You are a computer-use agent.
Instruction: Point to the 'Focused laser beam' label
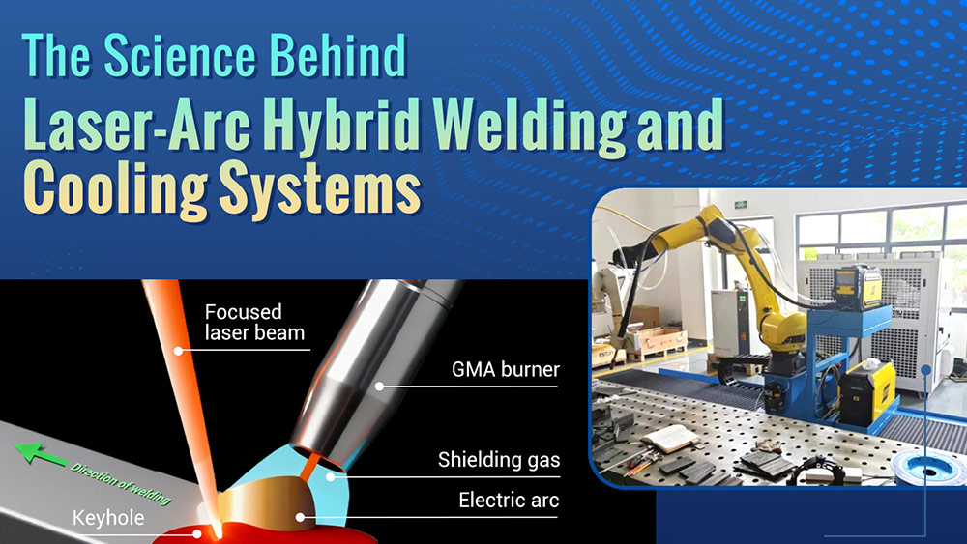(254, 323)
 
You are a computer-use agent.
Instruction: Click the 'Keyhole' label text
(109, 519)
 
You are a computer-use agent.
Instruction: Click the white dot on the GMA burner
(379, 386)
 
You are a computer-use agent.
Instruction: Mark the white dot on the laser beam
(177, 347)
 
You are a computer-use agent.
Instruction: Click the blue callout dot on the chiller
(926, 367)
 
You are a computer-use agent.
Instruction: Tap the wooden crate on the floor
(659, 339)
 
